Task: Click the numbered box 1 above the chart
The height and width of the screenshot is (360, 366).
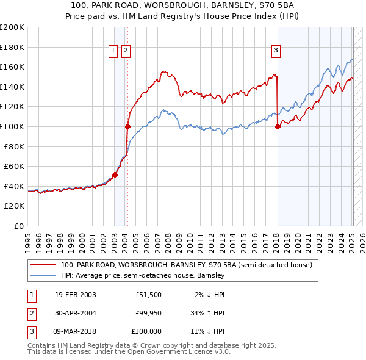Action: point(113,51)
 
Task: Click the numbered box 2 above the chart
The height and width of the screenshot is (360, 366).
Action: point(126,51)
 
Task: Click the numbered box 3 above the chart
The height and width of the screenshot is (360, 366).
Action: point(276,51)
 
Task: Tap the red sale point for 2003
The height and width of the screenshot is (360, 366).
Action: point(115,175)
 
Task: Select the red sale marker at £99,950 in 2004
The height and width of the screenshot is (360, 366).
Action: point(127,126)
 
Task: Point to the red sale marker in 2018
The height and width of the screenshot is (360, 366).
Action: point(278,126)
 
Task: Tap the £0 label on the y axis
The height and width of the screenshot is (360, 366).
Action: point(18,226)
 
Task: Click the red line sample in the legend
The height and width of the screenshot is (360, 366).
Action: point(42,265)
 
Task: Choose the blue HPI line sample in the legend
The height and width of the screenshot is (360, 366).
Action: point(42,276)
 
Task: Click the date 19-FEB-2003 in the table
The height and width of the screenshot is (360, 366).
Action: point(75,295)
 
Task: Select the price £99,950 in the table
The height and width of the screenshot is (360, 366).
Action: point(148,313)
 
